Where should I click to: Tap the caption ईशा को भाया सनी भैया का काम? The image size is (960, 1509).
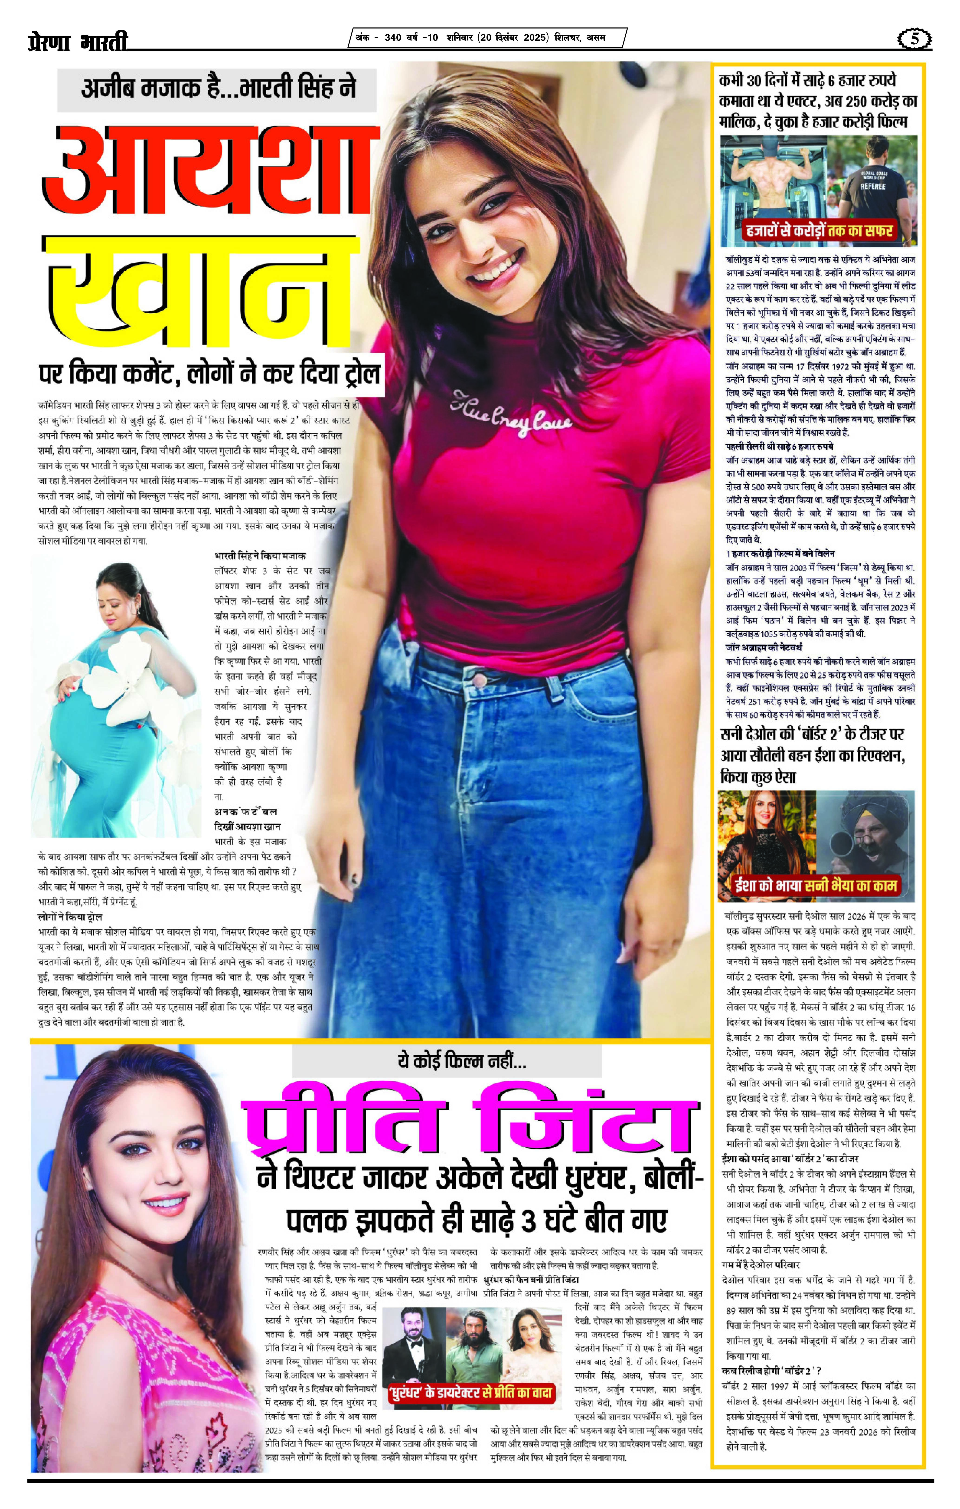pyautogui.click(x=816, y=886)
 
